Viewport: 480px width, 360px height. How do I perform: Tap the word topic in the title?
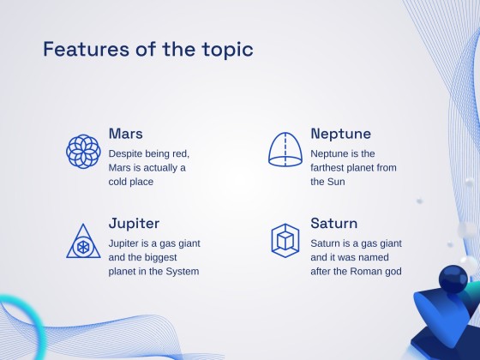tap(227, 49)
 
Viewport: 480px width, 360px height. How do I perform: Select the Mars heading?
tap(126, 134)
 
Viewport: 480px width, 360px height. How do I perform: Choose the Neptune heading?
tap(340, 134)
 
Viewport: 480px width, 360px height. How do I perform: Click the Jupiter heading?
tap(134, 224)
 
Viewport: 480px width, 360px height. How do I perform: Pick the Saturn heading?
tap(334, 224)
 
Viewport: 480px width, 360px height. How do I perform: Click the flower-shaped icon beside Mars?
tap(83, 151)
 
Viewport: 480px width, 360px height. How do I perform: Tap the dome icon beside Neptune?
tap(285, 150)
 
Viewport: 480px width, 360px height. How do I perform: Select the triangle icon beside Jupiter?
tap(83, 241)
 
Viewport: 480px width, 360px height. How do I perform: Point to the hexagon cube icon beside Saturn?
tap(285, 240)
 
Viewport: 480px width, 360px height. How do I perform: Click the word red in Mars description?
tap(182, 153)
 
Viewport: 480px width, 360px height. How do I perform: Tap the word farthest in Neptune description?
tap(330, 168)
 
